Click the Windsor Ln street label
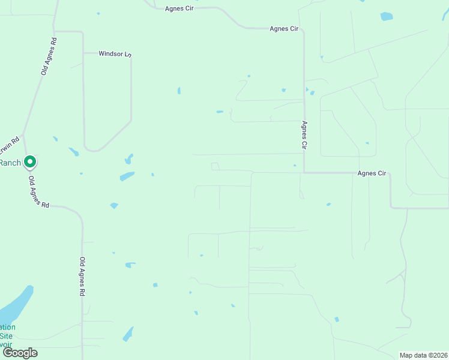tap(115, 54)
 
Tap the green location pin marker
tap(29, 161)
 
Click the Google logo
tap(20, 353)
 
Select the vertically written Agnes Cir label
tap(304, 135)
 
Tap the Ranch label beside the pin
tap(10, 163)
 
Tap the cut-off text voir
tap(5, 344)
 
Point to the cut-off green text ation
tap(8, 328)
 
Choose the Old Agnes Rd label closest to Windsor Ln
tap(49, 57)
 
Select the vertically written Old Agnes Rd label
tap(82, 277)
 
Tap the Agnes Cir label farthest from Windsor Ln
tap(372, 173)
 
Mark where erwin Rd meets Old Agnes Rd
tap(23, 136)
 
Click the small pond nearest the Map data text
tap(336, 319)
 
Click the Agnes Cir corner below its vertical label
tap(304, 173)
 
